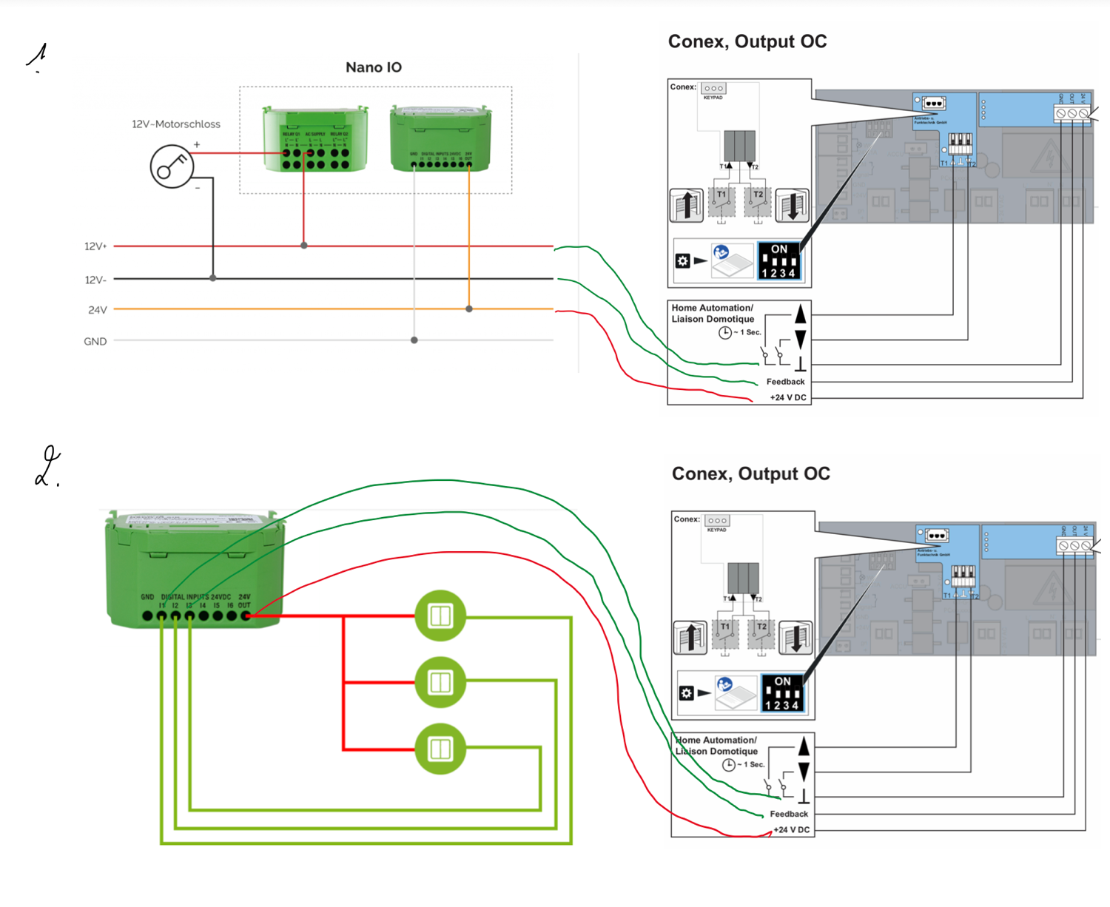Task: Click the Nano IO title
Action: [x=374, y=67]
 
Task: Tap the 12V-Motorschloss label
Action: [x=176, y=124]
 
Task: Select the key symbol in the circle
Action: [x=172, y=166]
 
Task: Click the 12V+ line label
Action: [x=95, y=246]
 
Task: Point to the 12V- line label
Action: [x=95, y=280]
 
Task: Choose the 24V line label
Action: [x=98, y=310]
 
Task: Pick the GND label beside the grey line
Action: [x=95, y=341]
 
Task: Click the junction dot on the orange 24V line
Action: [x=469, y=308]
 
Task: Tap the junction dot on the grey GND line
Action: [x=414, y=340]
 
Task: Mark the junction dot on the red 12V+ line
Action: [x=304, y=246]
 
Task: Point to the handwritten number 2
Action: [x=47, y=467]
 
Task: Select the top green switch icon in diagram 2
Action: [x=440, y=616]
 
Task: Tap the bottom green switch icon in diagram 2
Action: [x=440, y=749]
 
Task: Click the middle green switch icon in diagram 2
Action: [x=440, y=682]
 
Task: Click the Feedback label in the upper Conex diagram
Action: [x=785, y=382]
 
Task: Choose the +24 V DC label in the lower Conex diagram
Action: [x=791, y=830]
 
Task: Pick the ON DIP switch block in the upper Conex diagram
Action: [x=779, y=261]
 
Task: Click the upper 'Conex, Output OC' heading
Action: [x=747, y=41]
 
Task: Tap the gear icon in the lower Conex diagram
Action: [x=686, y=693]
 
